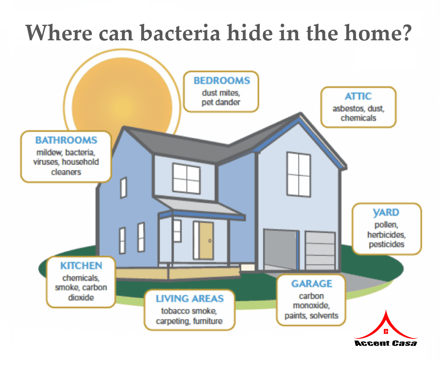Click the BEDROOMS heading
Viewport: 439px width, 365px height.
coord(222,81)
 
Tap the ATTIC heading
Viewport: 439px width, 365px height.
coord(358,96)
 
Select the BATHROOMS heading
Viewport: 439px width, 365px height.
coord(66,140)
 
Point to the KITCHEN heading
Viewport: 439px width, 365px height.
coord(81,266)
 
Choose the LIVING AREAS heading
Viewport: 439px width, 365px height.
coord(190,299)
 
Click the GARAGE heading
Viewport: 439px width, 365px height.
coord(312,284)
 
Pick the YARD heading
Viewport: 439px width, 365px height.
coord(386,213)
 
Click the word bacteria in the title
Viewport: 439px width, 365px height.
coord(180,33)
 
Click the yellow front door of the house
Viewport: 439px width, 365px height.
coord(206,241)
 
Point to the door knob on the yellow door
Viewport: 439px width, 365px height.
coord(210,241)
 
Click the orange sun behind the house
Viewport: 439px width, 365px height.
coord(122,101)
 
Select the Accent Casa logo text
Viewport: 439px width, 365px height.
coord(386,343)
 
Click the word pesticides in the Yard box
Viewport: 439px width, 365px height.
coord(387,244)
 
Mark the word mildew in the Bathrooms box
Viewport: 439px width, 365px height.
coord(50,152)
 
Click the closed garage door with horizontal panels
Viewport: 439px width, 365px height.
coord(320,251)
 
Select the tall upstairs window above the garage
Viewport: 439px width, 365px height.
coord(299,174)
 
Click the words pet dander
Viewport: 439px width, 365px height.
coord(221,103)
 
